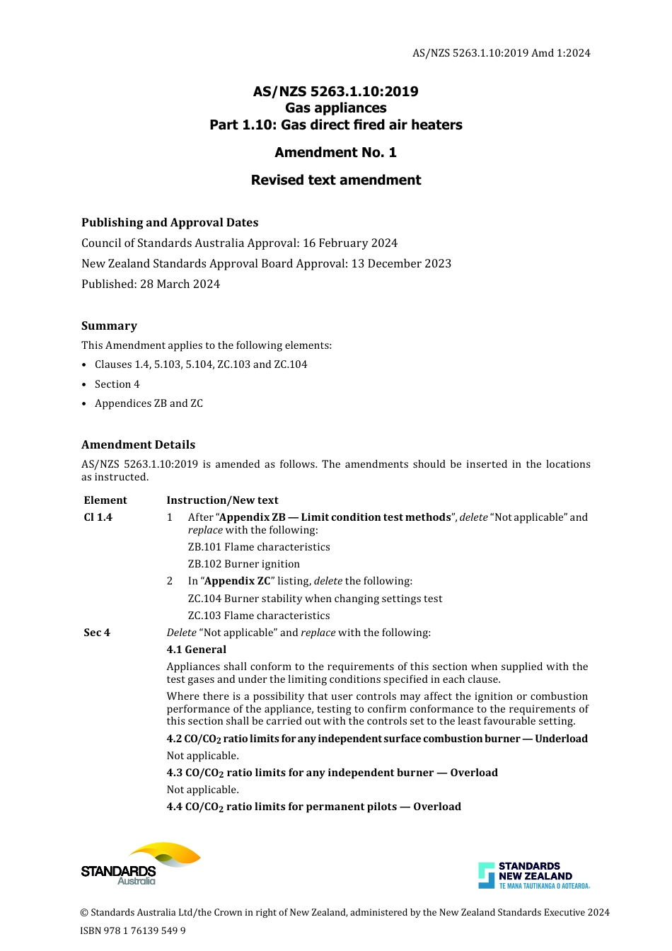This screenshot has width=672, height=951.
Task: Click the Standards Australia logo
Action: point(140,863)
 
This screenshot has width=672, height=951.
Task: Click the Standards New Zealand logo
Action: point(533,875)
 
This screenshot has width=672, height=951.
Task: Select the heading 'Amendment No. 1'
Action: point(335,152)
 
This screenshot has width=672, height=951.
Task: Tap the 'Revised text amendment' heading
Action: point(335,180)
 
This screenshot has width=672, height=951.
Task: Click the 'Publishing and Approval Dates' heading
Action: point(170,222)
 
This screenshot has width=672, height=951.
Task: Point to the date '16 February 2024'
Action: point(350,243)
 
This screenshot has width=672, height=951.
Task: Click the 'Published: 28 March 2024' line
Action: point(151,284)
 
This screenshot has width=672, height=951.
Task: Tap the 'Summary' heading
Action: point(109,325)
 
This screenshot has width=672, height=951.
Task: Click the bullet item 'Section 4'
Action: point(117,384)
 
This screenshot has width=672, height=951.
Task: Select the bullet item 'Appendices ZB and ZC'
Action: point(149,403)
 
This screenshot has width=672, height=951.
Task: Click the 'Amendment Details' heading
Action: point(138,444)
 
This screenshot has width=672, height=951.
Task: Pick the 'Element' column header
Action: point(105,500)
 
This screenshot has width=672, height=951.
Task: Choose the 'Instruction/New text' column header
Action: point(222,500)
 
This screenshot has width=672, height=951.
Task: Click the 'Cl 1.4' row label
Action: point(98,517)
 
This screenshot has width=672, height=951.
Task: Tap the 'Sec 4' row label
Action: point(97,633)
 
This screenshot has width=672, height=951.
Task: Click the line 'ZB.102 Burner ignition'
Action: point(243,564)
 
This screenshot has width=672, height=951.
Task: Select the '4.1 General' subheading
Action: point(197,650)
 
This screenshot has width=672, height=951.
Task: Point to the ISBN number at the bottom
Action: point(133,930)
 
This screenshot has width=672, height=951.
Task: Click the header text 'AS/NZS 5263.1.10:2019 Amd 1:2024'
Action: point(501,53)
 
